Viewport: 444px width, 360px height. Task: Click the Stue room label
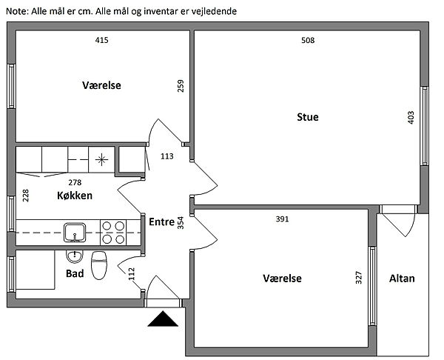[308, 117]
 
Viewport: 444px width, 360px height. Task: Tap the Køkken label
[75, 196]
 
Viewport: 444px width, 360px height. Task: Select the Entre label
[161, 221]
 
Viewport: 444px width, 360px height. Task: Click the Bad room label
[75, 273]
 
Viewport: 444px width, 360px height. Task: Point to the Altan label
[402, 279]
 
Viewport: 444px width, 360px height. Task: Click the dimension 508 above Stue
[308, 40]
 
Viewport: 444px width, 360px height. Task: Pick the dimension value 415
[102, 40]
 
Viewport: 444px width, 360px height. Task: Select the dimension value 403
[411, 118]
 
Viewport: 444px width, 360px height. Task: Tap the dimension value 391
[282, 219]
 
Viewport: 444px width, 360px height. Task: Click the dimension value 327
[359, 278]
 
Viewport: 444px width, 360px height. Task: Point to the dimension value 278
[75, 181]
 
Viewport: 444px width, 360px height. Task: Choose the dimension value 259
[181, 87]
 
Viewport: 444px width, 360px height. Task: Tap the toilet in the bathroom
[99, 264]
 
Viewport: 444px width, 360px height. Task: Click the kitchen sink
[74, 232]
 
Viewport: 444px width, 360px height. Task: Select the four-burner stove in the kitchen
[113, 232]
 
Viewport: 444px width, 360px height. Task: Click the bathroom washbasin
[74, 257]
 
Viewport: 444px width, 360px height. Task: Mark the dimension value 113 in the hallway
[166, 156]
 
